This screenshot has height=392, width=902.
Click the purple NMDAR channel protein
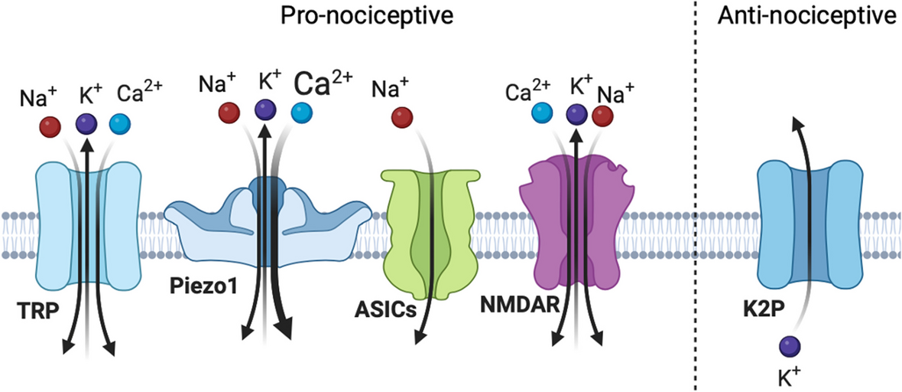point(573,222)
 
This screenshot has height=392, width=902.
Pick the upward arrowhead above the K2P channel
point(797,123)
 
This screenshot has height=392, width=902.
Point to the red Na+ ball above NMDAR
point(602,116)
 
